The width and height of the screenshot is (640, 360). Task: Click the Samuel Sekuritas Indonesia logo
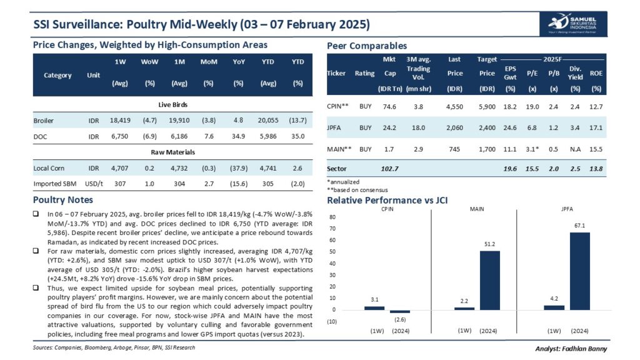pos(570,24)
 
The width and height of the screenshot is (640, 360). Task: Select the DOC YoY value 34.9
pos(238,135)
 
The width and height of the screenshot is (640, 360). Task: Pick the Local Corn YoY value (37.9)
pos(238,168)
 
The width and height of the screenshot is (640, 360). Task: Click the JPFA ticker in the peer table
pos(336,127)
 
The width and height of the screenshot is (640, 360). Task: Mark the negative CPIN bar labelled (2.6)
pos(400,311)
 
